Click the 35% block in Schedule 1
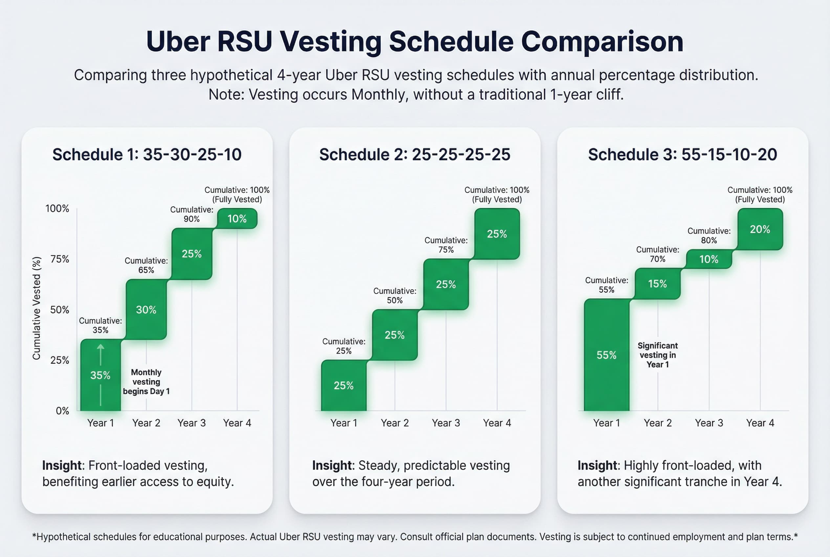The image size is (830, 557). (x=100, y=375)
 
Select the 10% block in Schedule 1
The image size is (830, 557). (x=237, y=218)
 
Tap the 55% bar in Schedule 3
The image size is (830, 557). (x=606, y=355)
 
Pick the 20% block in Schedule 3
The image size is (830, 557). (x=760, y=229)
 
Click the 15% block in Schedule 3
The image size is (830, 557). (x=657, y=284)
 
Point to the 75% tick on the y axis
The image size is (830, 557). (x=60, y=259)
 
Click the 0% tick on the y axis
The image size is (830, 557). (x=62, y=411)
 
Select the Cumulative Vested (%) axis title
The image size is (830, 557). (x=36, y=308)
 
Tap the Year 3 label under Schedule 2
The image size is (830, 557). (x=446, y=423)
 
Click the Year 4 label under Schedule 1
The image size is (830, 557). (x=237, y=423)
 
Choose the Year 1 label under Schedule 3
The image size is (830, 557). (x=606, y=423)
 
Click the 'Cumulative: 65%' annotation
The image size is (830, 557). (x=146, y=265)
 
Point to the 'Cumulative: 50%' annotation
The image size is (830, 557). (x=395, y=296)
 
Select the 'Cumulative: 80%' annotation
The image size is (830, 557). (x=709, y=235)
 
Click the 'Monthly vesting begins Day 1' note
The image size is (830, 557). (x=146, y=382)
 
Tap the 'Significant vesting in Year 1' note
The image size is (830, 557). (x=657, y=355)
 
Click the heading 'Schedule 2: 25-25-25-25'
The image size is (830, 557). (x=414, y=155)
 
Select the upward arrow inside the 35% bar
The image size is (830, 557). (x=100, y=355)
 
